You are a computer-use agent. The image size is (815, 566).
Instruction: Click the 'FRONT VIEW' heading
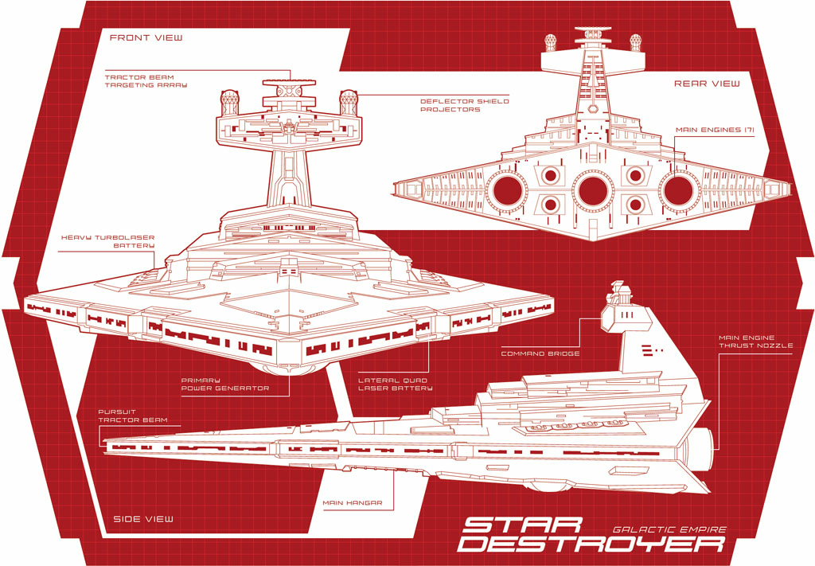[x=146, y=37]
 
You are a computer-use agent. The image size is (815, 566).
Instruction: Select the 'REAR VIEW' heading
[x=707, y=83]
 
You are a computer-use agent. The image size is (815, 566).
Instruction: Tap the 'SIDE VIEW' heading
[x=143, y=519]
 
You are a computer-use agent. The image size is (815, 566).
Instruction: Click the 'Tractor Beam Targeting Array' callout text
[x=146, y=81]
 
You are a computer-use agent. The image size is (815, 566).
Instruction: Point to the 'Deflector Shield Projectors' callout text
[x=465, y=106]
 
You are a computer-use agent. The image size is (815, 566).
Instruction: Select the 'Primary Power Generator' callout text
[x=224, y=384]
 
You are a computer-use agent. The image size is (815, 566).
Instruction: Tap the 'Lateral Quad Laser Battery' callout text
[x=395, y=384]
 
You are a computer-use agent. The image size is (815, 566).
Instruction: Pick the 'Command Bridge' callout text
[x=540, y=353]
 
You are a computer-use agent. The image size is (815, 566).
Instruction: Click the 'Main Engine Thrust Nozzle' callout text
[x=755, y=342]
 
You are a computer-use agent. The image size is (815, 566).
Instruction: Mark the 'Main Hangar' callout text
[x=353, y=502]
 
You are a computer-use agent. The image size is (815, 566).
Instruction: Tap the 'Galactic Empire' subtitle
[x=669, y=529]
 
